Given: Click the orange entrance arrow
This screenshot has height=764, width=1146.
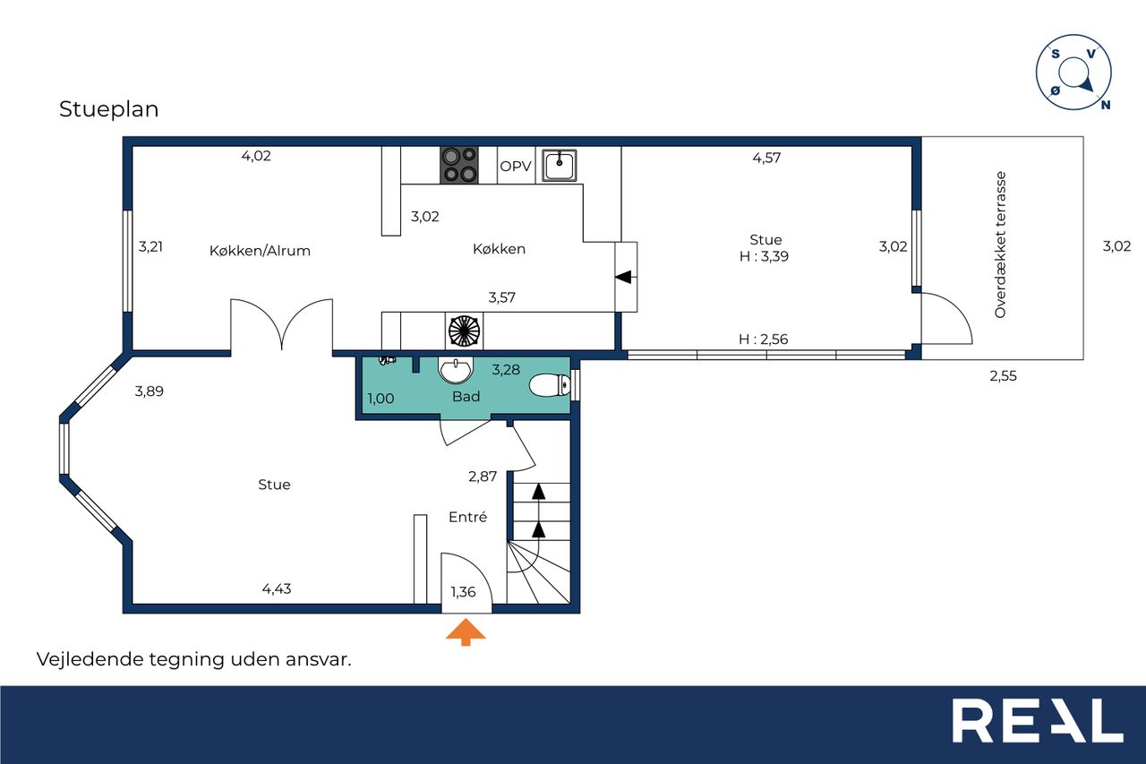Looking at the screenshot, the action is coord(465,632).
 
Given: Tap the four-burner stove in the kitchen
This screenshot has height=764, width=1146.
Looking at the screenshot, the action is coord(459,165).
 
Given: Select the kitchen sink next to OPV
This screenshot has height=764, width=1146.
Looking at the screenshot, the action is coord(560,165).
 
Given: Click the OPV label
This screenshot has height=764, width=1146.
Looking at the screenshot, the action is coord(515,167).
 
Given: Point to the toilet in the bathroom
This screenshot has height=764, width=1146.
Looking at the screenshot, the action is coord(550,385).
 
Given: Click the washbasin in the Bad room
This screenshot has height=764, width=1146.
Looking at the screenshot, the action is coord(456,370).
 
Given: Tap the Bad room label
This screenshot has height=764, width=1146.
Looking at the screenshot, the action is coord(466,397).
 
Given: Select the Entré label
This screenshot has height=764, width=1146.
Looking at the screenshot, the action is coord(467,517).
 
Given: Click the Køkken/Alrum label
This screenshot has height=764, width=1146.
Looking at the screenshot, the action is coord(260,251).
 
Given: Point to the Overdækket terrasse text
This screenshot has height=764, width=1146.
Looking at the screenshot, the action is coord(1000,245).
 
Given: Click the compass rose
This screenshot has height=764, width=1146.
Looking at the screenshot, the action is coord(1073,73).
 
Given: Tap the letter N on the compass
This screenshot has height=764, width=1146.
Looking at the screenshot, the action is coord(1105,105).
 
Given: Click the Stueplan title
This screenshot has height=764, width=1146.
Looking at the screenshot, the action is coord(109,109).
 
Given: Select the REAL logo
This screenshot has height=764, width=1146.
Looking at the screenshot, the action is coord(1038,720).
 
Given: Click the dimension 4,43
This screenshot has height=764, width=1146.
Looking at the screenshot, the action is coord(277,589).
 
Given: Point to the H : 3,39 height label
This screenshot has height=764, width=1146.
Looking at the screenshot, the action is coord(764,256).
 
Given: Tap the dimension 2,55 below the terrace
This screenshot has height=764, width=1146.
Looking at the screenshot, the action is coord(1003,376).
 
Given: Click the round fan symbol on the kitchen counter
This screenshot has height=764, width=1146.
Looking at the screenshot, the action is coord(465,330).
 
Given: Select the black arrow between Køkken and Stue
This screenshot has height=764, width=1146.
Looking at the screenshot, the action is coord(625,278).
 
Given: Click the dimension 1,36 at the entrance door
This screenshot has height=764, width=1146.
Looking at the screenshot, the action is coord(463,592).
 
